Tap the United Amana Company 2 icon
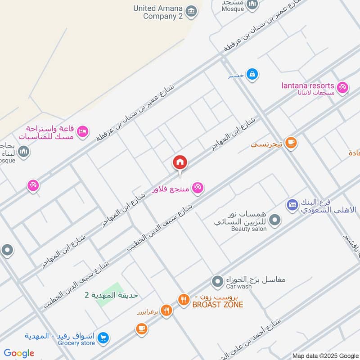coord(191,11)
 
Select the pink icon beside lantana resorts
coord(342,87)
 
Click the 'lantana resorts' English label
coord(308,85)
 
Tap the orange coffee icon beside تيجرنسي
coord(291,143)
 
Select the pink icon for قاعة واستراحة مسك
coord(83,131)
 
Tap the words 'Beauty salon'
coord(249,229)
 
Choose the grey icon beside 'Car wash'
coord(218,282)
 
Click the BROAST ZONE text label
coord(217,305)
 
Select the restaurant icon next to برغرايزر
coord(166,310)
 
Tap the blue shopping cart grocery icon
coord(103,337)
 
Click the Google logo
coord(19,353)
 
